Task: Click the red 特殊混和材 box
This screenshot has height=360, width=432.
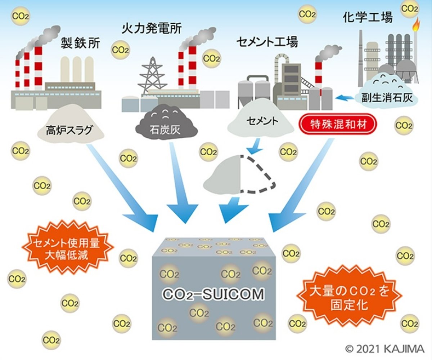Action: click(x=338, y=124)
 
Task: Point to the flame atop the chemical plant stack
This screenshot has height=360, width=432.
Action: click(x=417, y=25)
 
